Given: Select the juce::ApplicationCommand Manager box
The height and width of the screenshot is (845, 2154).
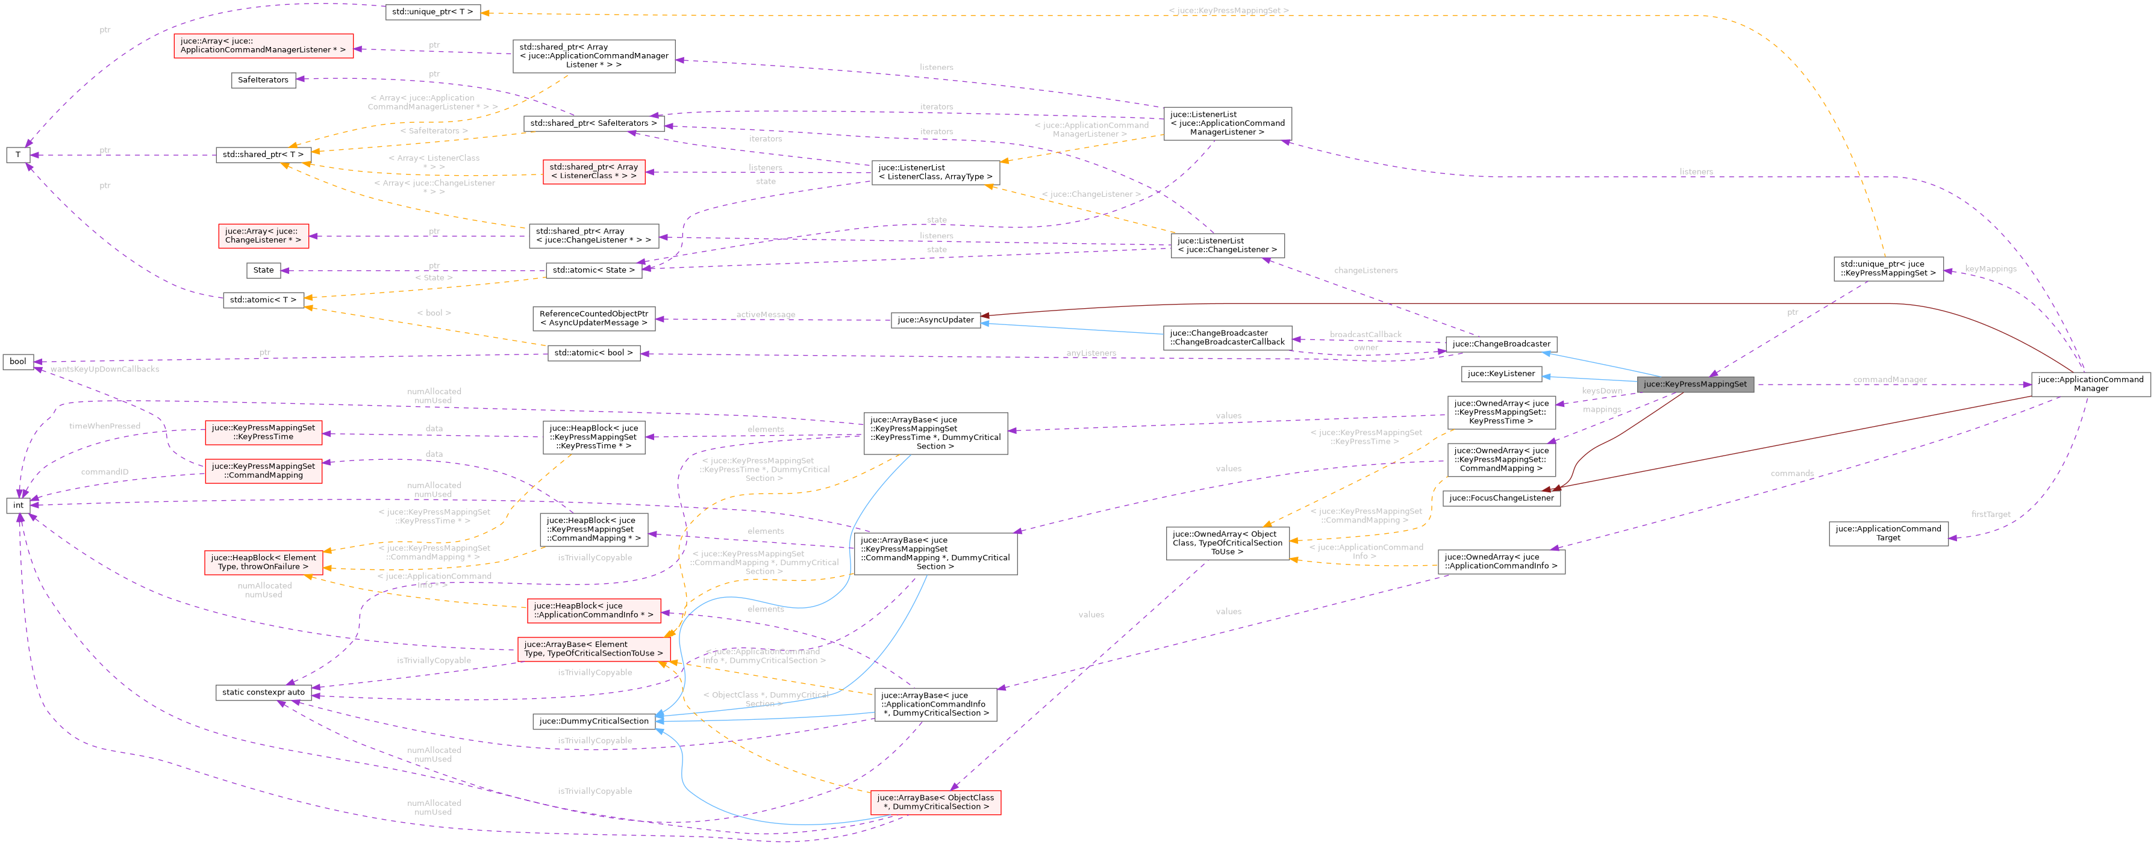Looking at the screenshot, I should point(2090,383).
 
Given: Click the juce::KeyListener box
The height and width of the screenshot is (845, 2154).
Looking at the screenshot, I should point(1501,374).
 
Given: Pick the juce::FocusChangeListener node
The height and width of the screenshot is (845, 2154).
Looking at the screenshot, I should point(1501,498).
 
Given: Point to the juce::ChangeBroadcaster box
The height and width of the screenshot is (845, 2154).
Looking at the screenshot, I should point(1501,344).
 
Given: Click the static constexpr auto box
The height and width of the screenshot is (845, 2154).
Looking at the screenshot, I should point(263,692).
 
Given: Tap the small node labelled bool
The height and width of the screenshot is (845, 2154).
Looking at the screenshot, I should point(17,362).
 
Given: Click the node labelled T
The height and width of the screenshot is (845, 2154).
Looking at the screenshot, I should point(17,155).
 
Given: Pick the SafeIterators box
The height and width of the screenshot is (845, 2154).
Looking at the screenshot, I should point(263,80).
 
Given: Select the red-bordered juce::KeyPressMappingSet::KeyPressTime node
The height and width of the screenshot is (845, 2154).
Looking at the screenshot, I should point(263,432).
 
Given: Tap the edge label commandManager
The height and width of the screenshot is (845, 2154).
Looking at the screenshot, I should point(1889,379).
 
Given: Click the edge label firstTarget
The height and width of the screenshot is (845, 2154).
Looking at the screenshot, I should point(1990,514).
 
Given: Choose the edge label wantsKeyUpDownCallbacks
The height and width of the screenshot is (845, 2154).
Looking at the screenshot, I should point(105,368).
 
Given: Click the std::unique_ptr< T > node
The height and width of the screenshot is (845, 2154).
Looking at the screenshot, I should point(432,11).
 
